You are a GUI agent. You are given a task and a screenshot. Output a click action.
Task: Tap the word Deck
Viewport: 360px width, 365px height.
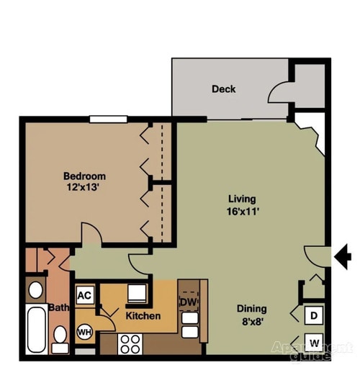(223, 89)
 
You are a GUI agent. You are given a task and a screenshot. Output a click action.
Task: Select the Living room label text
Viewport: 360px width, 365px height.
(242, 199)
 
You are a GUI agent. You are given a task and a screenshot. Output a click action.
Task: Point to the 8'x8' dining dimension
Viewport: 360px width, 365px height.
(252, 321)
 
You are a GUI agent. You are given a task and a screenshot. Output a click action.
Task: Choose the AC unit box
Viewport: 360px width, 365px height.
(84, 295)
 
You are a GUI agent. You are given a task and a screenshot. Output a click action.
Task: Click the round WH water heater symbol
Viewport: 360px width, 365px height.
(84, 333)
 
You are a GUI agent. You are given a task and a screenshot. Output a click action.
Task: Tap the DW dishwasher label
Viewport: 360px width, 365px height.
(188, 302)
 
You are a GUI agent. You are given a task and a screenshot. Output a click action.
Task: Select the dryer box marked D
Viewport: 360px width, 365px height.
(315, 315)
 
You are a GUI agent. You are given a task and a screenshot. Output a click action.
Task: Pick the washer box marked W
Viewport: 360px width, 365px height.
(315, 342)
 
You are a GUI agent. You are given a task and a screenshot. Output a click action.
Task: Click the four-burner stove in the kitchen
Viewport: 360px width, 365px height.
(130, 343)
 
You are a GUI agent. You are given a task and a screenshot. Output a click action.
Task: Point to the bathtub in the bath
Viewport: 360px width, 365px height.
(35, 329)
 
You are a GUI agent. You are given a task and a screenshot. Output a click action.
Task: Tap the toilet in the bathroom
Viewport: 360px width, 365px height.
(60, 337)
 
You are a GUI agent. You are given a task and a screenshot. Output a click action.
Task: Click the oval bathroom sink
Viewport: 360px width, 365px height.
(35, 290)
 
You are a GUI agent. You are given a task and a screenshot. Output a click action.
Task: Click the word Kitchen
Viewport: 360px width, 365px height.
(143, 316)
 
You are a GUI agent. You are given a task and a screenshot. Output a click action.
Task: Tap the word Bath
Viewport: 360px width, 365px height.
(59, 308)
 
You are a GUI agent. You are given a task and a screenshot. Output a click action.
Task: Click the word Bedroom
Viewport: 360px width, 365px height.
(85, 176)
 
